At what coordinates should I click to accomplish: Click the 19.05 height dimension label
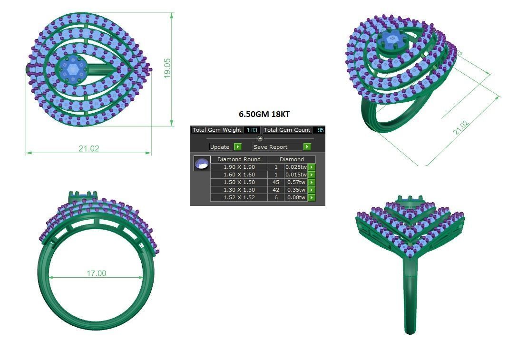tap(167, 68)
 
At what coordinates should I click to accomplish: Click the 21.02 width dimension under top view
tap(89, 148)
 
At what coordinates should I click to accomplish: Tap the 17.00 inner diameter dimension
tap(96, 273)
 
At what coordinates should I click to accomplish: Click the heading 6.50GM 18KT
tap(264, 115)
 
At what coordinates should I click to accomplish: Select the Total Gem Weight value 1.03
tap(252, 130)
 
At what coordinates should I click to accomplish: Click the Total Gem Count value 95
tap(321, 130)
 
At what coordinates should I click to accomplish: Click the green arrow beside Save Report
tap(307, 147)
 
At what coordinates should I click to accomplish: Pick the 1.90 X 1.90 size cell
tap(239, 167)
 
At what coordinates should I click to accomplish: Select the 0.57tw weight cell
tap(296, 182)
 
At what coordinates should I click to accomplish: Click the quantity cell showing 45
tap(276, 182)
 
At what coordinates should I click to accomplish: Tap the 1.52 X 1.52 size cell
tap(239, 197)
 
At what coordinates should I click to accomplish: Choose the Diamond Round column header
tap(239, 159)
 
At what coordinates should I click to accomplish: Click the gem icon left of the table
tap(202, 163)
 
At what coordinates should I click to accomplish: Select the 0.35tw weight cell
tap(296, 190)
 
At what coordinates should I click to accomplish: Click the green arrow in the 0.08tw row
tap(312, 197)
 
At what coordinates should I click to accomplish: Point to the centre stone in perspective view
tap(391, 40)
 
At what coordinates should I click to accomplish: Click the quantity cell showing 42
tap(276, 190)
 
